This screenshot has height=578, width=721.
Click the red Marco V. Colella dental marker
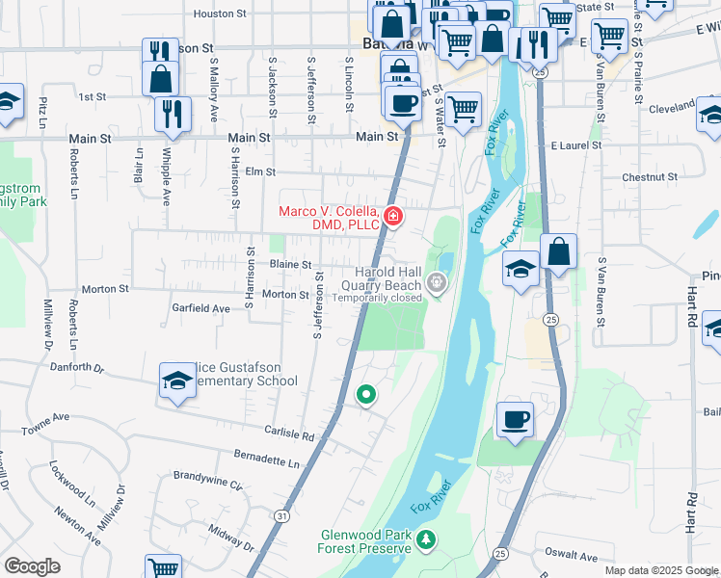pyautogui.click(x=392, y=216)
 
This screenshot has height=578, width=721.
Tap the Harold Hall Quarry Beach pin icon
pyautogui.click(x=437, y=283)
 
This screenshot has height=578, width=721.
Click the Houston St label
pyautogui.click(x=222, y=13)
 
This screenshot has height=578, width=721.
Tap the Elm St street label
pyautogui.click(x=261, y=172)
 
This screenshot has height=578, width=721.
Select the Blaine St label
pyautogui.click(x=290, y=264)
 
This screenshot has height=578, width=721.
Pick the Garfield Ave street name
pyautogui.click(x=200, y=308)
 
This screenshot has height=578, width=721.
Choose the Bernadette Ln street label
pyautogui.click(x=267, y=460)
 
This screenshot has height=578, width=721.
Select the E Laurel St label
pyautogui.click(x=575, y=145)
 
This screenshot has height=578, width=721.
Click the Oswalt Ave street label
pyautogui.click(x=572, y=556)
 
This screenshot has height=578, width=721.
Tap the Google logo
pyautogui.click(x=32, y=566)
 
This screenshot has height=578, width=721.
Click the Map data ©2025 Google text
pyautogui.click(x=660, y=570)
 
